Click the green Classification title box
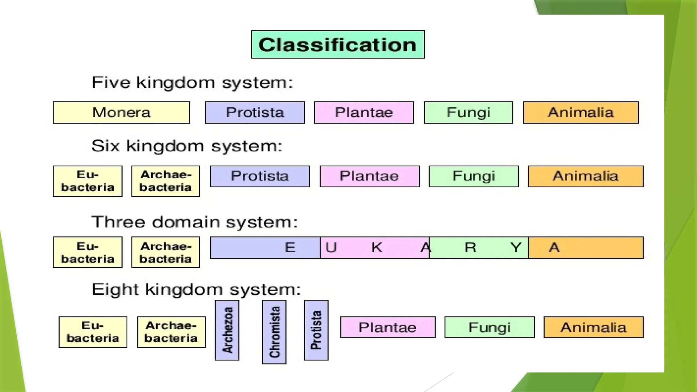(x=338, y=45)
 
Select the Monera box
(x=121, y=112)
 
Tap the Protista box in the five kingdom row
(x=255, y=112)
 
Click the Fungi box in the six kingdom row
(x=474, y=176)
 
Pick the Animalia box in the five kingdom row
(x=581, y=112)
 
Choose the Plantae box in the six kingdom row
(x=370, y=176)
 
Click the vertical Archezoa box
(x=227, y=330)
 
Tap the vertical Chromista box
(x=274, y=332)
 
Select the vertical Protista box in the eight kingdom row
(x=316, y=330)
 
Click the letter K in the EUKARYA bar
(x=376, y=247)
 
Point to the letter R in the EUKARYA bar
(x=470, y=247)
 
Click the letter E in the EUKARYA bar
(x=290, y=247)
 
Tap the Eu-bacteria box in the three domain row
(x=87, y=252)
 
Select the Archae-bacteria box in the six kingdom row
(x=166, y=181)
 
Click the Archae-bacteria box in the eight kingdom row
(x=171, y=332)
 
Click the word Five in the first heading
(x=111, y=82)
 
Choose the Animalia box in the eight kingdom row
(x=594, y=327)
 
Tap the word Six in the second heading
(x=106, y=146)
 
